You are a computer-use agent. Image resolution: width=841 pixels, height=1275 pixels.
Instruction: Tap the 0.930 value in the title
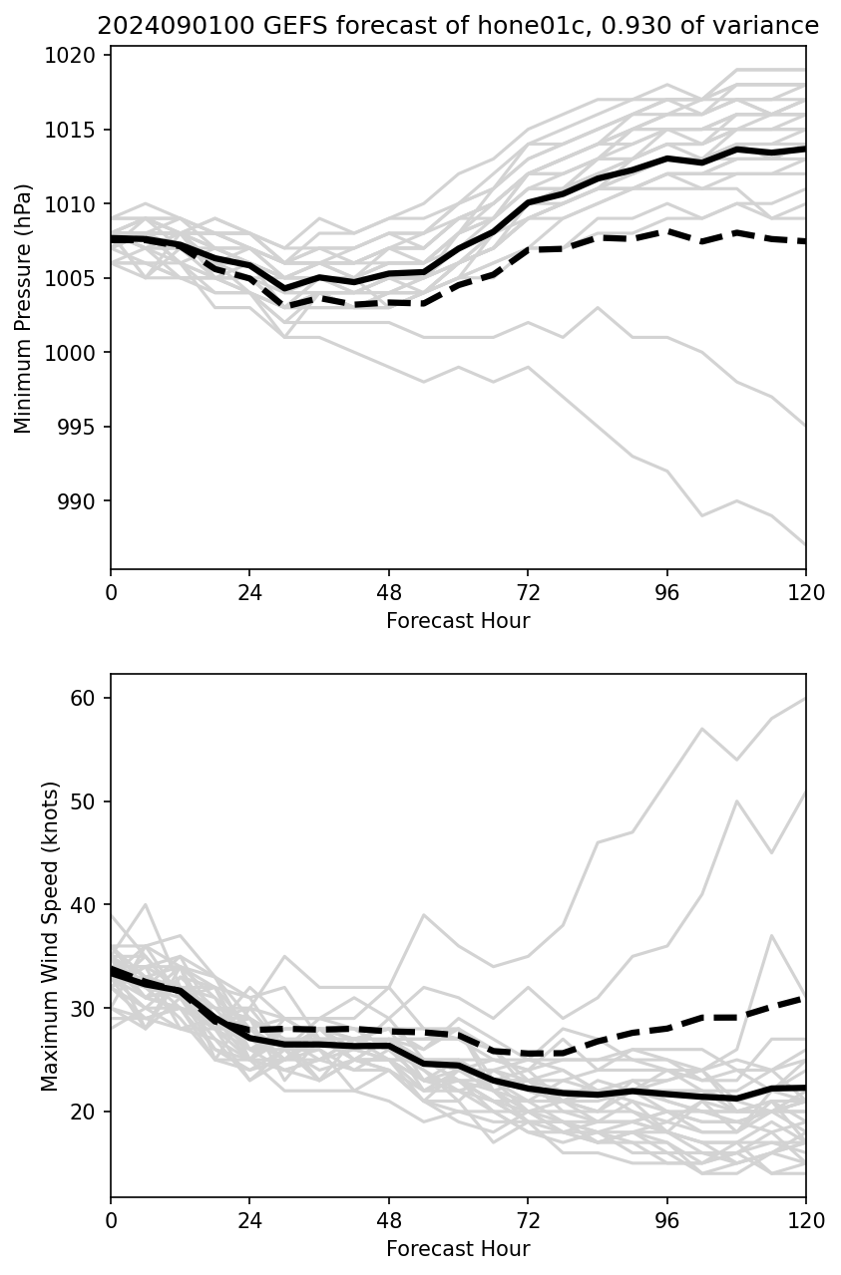click(590, 27)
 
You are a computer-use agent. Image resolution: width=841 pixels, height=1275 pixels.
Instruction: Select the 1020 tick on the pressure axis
click(79, 56)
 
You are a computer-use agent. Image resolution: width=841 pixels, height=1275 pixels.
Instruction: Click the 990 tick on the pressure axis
click(84, 501)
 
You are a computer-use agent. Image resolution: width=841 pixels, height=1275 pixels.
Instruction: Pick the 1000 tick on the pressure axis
click(79, 353)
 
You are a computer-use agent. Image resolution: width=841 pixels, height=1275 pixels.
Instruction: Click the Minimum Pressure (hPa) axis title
click(24, 308)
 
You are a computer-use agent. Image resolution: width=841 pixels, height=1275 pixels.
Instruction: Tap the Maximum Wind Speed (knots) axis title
click(51, 936)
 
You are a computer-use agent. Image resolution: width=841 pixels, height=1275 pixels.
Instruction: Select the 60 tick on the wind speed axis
click(90, 698)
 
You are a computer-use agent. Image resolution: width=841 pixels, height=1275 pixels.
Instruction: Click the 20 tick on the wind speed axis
click(90, 1112)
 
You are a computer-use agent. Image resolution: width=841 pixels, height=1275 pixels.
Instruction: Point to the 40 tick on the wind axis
click(90, 905)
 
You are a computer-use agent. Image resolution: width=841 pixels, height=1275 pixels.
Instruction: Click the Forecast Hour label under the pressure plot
click(458, 621)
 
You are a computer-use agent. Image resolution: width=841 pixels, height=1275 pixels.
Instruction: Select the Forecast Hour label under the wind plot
click(458, 1249)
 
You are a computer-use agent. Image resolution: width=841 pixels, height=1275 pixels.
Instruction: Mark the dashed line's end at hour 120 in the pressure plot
click(805, 241)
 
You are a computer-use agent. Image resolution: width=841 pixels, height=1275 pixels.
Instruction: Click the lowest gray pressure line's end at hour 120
click(805, 544)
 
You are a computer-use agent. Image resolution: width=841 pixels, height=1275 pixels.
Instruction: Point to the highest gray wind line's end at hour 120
click(805, 699)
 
